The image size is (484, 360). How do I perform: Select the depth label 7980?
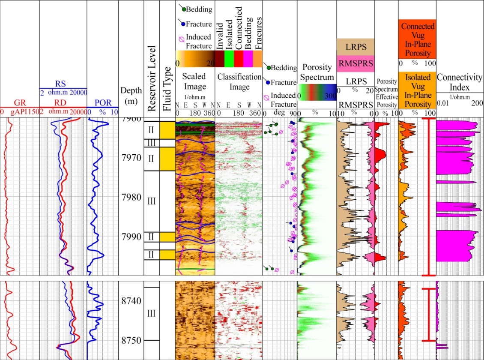131,198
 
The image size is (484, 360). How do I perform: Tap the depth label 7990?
131,237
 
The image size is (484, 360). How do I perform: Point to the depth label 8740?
131,301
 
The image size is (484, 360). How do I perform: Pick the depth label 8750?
131,340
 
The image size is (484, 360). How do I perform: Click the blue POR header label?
102,103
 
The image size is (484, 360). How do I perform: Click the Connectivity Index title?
460,82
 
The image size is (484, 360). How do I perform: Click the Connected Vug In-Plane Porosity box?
417,39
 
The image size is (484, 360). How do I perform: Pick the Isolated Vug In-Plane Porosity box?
417,90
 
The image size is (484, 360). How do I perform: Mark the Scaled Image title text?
195,81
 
